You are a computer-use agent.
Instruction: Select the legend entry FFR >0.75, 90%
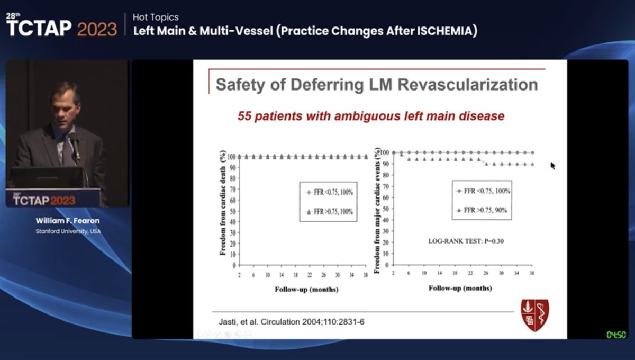click(x=485, y=210)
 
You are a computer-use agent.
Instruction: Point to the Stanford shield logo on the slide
click(x=535, y=315)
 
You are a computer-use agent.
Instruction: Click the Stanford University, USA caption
click(x=67, y=231)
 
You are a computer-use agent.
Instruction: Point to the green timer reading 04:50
click(x=616, y=335)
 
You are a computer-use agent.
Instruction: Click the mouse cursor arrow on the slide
click(x=552, y=165)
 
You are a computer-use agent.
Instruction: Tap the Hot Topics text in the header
click(x=156, y=17)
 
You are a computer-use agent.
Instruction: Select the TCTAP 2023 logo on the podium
click(x=44, y=200)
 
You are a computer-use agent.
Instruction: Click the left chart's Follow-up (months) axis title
click(x=306, y=289)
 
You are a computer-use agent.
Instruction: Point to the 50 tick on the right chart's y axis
click(x=387, y=209)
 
